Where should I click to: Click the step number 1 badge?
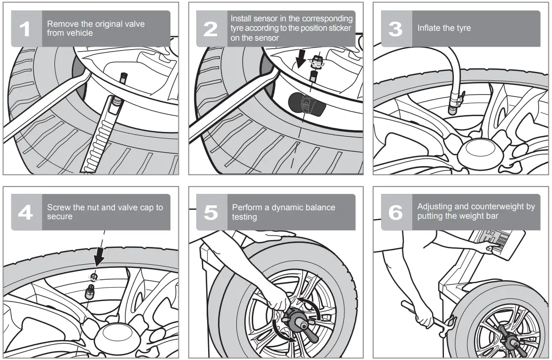click(x=26, y=29)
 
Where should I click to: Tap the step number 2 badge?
click(x=211, y=29)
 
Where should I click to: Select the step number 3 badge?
click(x=396, y=29)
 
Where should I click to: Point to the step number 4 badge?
click(x=26, y=212)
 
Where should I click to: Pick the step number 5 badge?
click(x=211, y=212)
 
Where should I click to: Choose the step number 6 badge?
click(x=396, y=212)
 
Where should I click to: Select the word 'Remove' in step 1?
click(x=60, y=24)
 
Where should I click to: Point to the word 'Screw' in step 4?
click(x=58, y=207)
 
